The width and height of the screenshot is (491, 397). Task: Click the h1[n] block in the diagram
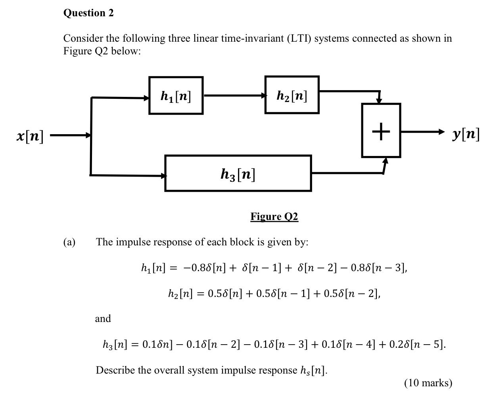(176, 96)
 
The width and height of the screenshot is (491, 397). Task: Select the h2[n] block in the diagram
(292, 95)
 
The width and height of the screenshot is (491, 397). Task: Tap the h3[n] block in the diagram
(238, 173)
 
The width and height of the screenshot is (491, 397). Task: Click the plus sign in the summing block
(381, 131)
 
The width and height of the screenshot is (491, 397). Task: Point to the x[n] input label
(31, 136)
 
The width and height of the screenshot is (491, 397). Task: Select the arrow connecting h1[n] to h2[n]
(234, 95)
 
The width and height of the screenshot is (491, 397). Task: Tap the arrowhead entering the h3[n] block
(163, 175)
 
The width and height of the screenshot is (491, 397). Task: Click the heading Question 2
(88, 13)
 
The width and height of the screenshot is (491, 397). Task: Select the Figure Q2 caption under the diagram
(274, 216)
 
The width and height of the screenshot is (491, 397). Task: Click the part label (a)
(69, 242)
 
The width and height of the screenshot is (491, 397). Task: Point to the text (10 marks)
(428, 383)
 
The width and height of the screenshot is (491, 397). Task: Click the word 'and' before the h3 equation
(103, 318)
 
